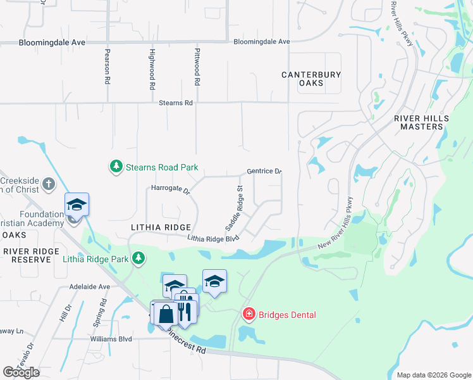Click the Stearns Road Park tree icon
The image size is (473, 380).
point(116,167)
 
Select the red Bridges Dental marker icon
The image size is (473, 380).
point(249,314)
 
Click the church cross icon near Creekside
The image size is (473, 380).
point(49,185)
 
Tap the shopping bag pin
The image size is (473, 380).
point(166,313)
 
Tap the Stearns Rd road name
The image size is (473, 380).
point(175,103)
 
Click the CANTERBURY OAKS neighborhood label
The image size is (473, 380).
point(311,79)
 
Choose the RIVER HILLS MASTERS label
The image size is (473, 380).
point(422,122)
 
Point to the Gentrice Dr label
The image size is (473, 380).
point(264,172)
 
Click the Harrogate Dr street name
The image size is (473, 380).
point(171,189)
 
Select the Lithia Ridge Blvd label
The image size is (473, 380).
point(213,238)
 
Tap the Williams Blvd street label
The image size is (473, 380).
point(111,339)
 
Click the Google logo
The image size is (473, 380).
point(21,372)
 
